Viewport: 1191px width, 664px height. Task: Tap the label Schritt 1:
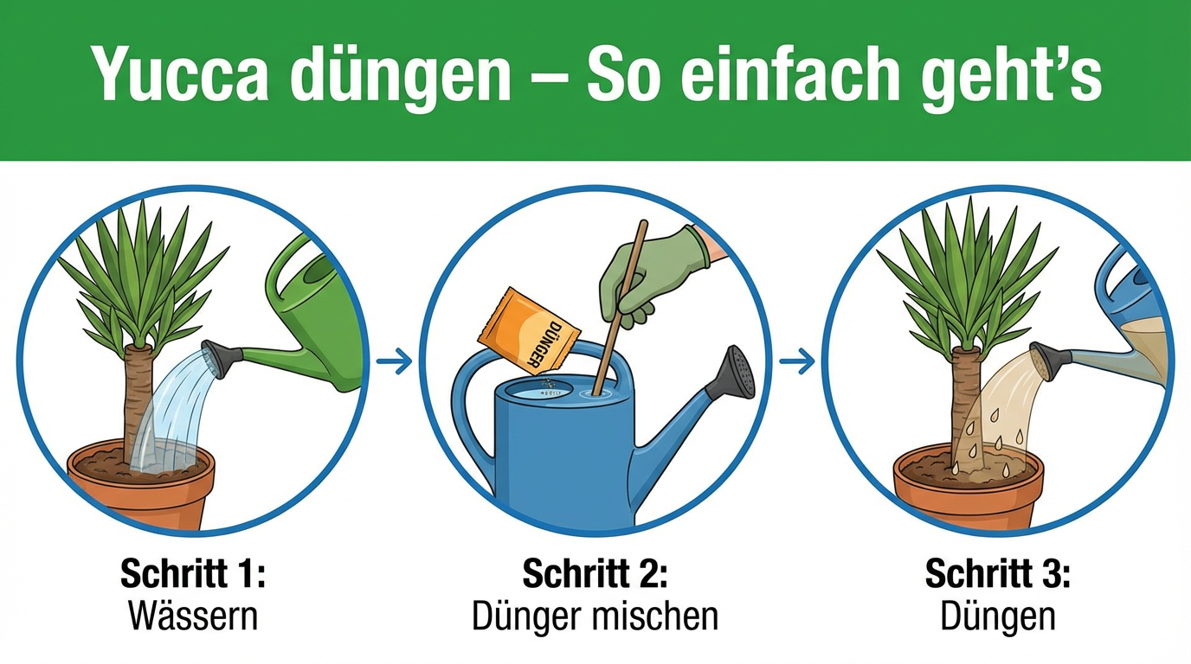tap(192, 573)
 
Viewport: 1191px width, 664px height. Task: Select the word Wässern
tap(193, 616)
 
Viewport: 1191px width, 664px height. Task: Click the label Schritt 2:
tap(595, 573)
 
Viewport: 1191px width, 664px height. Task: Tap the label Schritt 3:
tap(997, 573)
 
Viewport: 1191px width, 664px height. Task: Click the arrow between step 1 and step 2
tap(394, 361)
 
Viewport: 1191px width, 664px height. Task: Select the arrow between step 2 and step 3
tap(797, 361)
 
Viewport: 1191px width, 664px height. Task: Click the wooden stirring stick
tap(620, 308)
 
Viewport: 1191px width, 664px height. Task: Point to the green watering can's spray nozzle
tap(222, 359)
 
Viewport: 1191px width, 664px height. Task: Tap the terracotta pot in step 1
tap(141, 486)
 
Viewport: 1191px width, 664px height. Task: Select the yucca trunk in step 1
tap(138, 404)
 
